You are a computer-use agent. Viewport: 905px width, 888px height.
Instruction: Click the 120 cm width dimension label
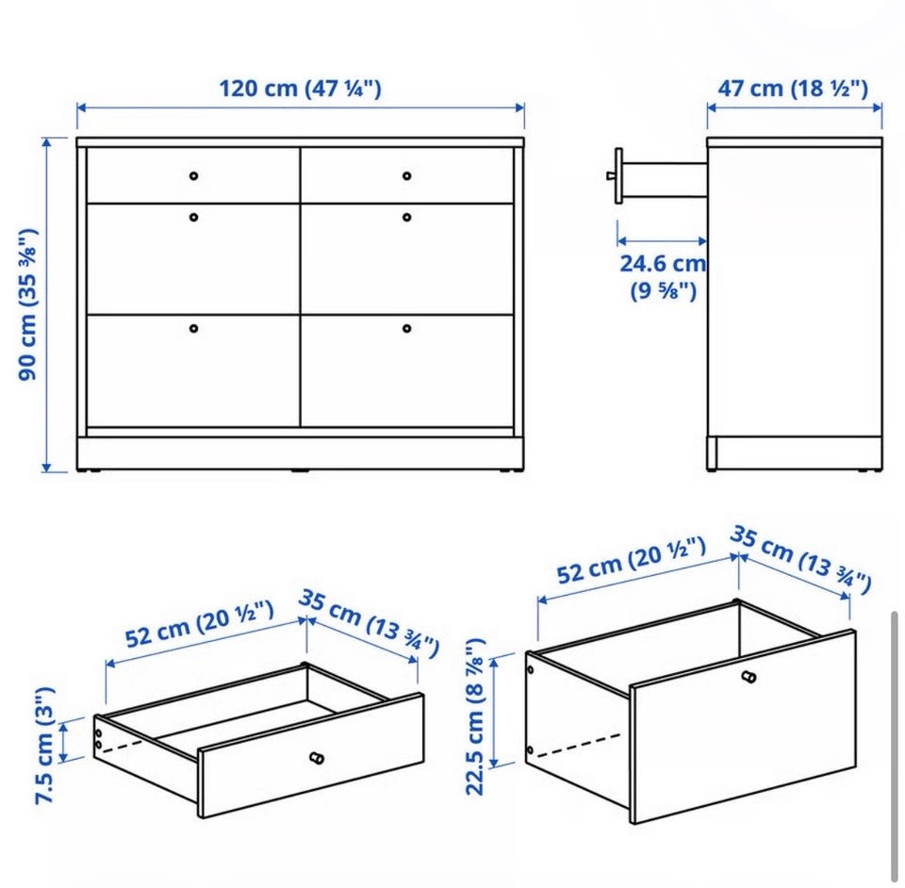pos(300,89)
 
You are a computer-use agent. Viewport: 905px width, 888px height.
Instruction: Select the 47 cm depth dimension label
pos(793,89)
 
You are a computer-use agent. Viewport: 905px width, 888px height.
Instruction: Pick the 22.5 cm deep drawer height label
pos(474,716)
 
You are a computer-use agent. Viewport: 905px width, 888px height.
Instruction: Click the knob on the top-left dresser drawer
pos(194,175)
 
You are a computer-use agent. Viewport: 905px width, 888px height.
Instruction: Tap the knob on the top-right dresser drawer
pos(407,175)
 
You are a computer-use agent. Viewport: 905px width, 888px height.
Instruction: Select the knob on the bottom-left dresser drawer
pos(194,328)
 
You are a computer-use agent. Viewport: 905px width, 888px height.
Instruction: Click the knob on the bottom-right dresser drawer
pos(407,328)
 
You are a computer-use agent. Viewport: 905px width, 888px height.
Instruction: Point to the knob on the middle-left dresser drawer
pos(194,217)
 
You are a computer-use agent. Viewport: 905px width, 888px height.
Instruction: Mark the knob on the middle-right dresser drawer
pos(407,217)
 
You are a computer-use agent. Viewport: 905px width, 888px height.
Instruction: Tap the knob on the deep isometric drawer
pos(749,676)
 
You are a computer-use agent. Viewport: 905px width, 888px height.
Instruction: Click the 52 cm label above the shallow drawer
pos(200,624)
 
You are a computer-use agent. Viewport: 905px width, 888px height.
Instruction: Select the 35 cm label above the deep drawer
pos(800,558)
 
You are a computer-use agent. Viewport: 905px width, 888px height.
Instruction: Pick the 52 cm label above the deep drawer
pos(631,560)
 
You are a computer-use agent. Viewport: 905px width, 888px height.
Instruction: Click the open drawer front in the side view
pos(618,175)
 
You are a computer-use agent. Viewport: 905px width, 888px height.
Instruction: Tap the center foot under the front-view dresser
pos(300,471)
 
